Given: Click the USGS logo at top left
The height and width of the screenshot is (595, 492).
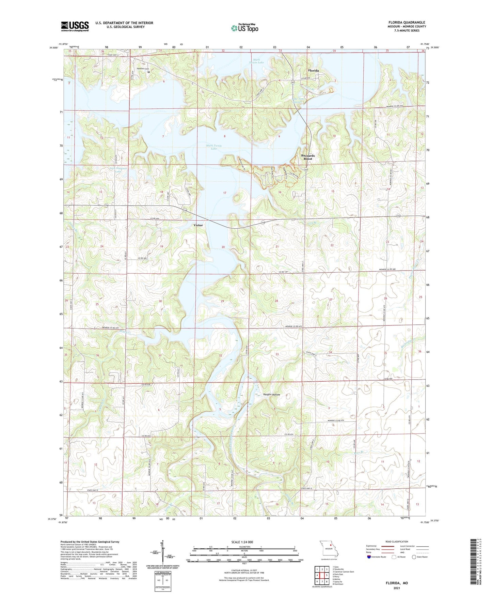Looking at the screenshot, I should pos(75,26).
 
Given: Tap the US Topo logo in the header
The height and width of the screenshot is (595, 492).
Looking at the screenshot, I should pos(244,28).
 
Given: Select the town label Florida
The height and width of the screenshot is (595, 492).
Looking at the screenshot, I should pos(313,71).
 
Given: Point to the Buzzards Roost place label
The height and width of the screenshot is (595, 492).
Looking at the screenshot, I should pos(308,157).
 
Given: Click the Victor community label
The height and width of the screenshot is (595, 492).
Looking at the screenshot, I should pos(198,225).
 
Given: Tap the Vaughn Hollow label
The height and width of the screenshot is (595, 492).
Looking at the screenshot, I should pos(272,395).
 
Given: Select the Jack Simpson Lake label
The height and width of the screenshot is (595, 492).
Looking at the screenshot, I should pos(118,170).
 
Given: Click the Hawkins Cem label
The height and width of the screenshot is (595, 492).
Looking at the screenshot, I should pos(143,69).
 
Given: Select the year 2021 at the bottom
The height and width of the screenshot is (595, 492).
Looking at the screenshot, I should pos(396,588).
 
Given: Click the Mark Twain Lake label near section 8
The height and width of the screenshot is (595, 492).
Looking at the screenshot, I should pos(214,147).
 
